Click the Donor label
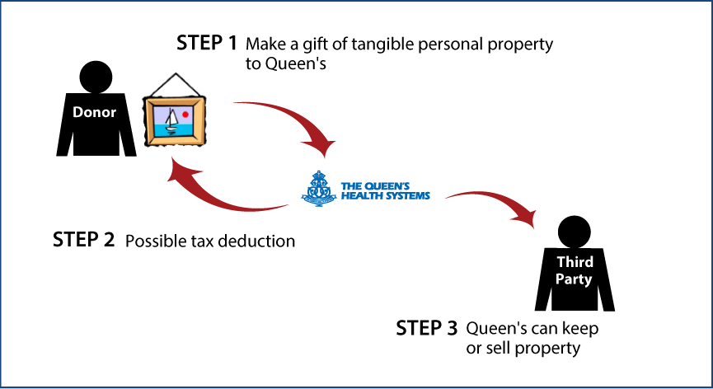(94, 113)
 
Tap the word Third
(575, 262)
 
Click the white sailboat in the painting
(171, 121)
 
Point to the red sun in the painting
(186, 113)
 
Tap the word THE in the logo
(349, 185)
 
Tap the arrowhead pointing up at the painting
(179, 171)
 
